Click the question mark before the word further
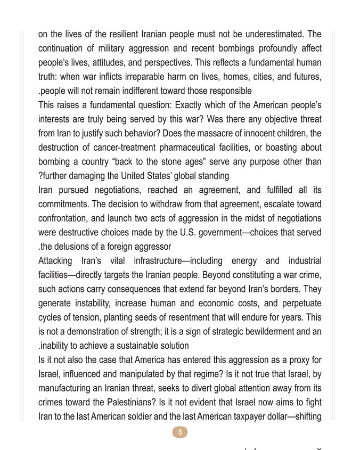click(x=40, y=175)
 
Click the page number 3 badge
click(x=180, y=432)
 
